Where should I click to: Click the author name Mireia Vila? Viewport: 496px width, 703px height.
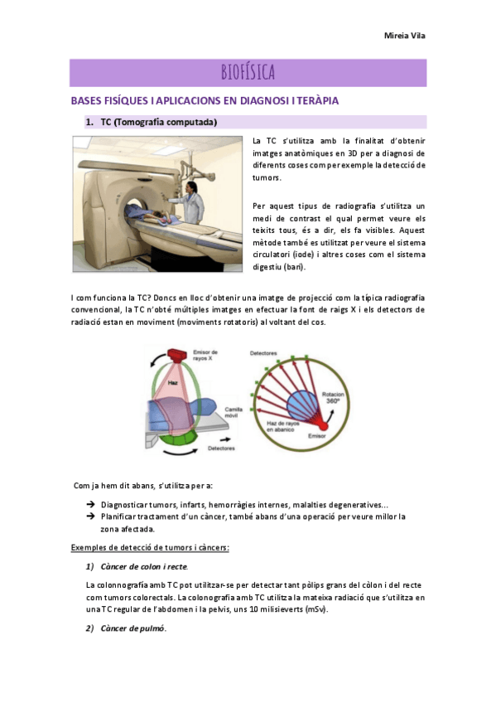click(x=405, y=36)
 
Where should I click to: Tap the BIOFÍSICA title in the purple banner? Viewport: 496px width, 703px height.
click(x=248, y=72)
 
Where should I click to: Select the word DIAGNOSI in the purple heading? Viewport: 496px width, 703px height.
click(x=264, y=100)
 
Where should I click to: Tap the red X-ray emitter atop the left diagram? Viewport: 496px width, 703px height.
click(x=176, y=355)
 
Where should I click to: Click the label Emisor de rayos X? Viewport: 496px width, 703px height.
click(x=205, y=355)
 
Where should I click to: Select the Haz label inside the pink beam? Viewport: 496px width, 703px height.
click(x=173, y=382)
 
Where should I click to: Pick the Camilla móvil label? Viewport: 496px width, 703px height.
click(x=234, y=413)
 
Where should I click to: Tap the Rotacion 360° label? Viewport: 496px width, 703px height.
click(x=333, y=398)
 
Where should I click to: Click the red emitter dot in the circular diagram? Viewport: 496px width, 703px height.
click(x=323, y=425)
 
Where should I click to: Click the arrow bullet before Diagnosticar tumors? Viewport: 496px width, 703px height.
click(x=90, y=504)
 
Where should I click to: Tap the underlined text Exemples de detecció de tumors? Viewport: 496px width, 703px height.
click(x=150, y=547)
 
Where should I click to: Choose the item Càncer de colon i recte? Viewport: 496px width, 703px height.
click(x=144, y=567)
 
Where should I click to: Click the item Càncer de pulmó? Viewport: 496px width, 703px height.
click(x=133, y=628)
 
